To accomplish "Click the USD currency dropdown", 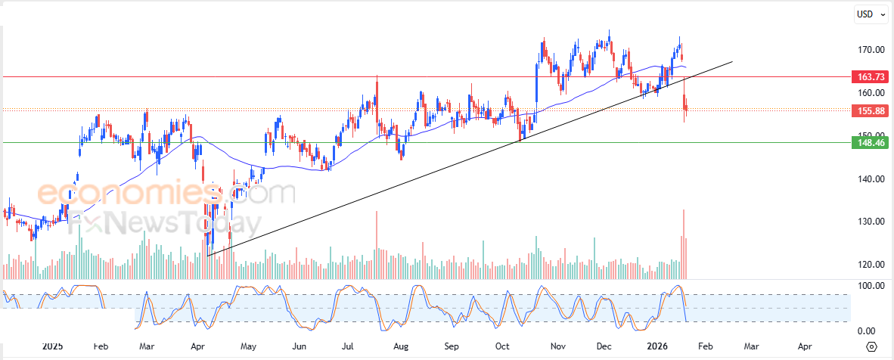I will tap(870, 14).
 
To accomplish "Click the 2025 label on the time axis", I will tap(52, 346).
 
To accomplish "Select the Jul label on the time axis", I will tap(349, 346).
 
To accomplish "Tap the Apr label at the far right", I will tap(805, 346).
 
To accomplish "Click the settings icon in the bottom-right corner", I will tap(871, 346).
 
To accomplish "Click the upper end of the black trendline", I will tap(732, 61).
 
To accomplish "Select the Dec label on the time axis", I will tap(604, 346).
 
